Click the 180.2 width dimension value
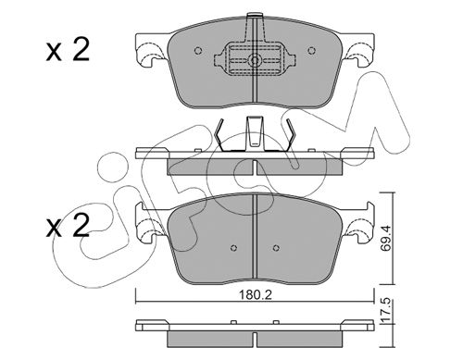pyautogui.click(x=256, y=295)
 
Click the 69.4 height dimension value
pyautogui.click(x=385, y=238)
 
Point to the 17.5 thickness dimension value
pyautogui.click(x=385, y=311)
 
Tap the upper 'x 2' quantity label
pyautogui.click(x=68, y=50)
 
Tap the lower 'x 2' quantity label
pyautogui.click(x=68, y=226)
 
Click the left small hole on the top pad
pyautogui.click(x=198, y=50)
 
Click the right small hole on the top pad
pyautogui.click(x=312, y=50)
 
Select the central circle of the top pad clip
pyautogui.click(x=255, y=60)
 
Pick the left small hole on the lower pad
pyautogui.click(x=234, y=248)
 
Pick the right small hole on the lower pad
pyautogui.click(x=276, y=248)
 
